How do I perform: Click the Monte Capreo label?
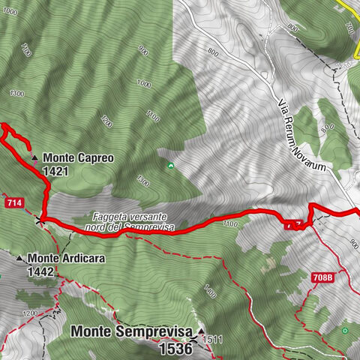pyautogui.click(x=78, y=158)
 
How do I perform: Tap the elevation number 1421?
pyautogui.click(x=56, y=171)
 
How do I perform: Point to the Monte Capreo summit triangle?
pyautogui.click(x=35, y=157)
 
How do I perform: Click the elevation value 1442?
pyautogui.click(x=40, y=271)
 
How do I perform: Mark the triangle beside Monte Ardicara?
pyautogui.click(x=20, y=258)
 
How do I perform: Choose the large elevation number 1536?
pyautogui.click(x=177, y=348)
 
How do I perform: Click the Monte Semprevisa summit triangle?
pyautogui.click(x=201, y=330)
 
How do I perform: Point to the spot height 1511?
pyautogui.click(x=213, y=339)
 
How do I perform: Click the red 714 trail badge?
pyautogui.click(x=14, y=203)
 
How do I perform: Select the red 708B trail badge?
pyautogui.click(x=322, y=277)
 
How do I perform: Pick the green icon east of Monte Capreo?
pyautogui.click(x=171, y=165)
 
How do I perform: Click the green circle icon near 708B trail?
pyautogui.click(x=345, y=330)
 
